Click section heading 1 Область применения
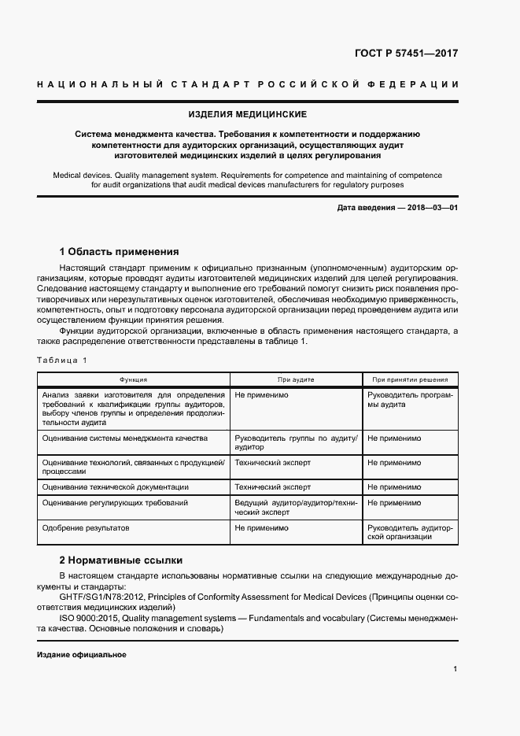[120, 252]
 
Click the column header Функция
[133, 379]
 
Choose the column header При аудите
[296, 379]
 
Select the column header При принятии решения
[410, 379]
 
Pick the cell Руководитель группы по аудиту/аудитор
[296, 442]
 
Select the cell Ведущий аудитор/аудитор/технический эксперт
[296, 507]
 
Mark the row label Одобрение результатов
[86, 527]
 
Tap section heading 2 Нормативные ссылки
[121, 560]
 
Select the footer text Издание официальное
[81, 655]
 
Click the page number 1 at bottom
[455, 669]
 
